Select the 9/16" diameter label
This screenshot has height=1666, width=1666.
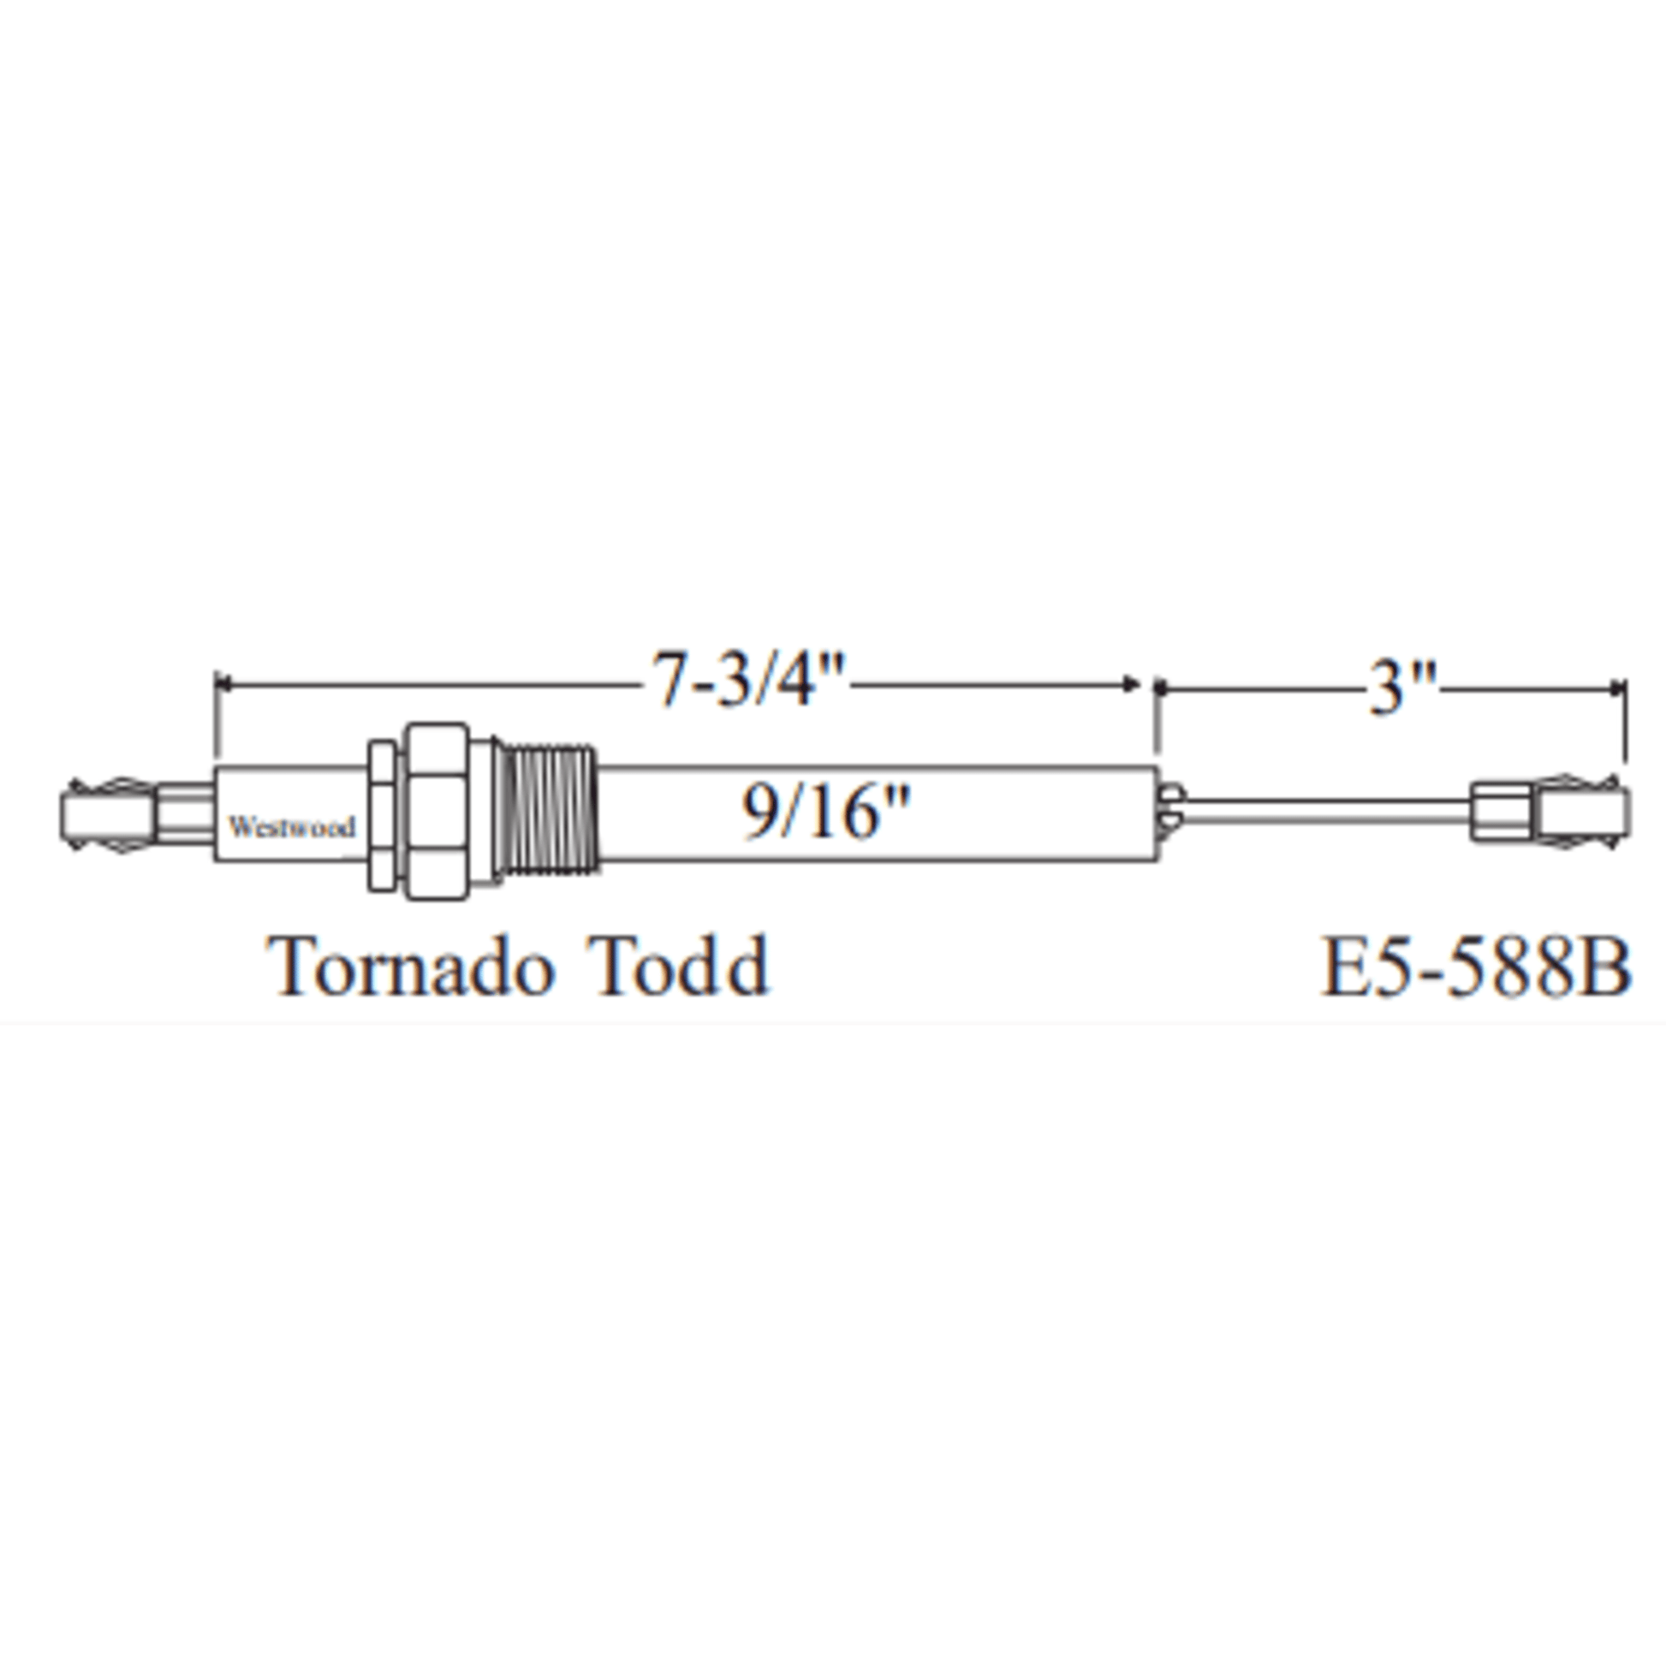pos(826,812)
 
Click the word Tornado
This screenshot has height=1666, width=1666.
pos(408,965)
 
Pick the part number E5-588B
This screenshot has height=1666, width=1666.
pos(1476,967)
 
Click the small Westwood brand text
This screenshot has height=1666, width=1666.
pos(291,826)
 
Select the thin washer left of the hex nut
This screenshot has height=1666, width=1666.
pos(383,814)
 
